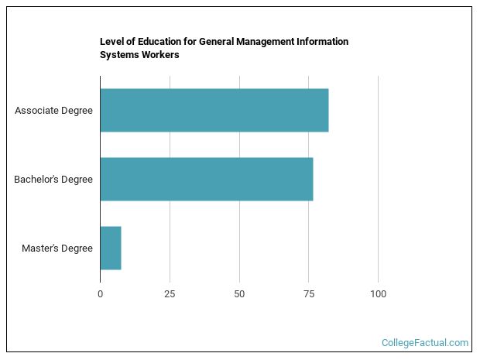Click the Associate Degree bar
pos(214,110)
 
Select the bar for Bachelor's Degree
pos(206,179)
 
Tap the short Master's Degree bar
pos(111,248)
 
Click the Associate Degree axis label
pos(53,110)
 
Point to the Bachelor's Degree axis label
pos(53,180)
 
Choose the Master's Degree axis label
pos(57,249)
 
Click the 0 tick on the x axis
pos(100,294)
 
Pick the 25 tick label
pos(170,294)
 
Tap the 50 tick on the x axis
pos(239,294)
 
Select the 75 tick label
pos(308,294)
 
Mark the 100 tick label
pos(378,294)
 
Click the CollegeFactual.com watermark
pos(425,342)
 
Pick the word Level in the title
pos(111,42)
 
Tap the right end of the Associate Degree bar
pos(326,110)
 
